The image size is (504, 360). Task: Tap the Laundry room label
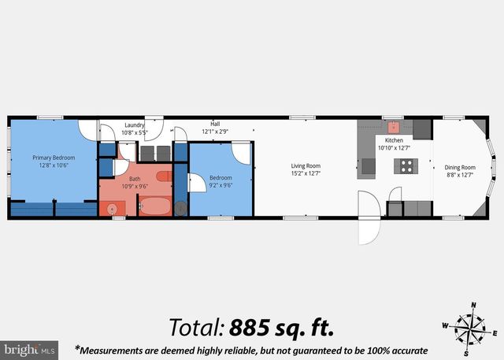(134, 124)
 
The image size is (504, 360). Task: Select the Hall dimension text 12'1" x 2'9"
(215, 132)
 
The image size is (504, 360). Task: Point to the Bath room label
(135, 180)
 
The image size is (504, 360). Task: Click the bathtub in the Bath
(155, 207)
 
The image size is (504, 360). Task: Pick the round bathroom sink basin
(112, 210)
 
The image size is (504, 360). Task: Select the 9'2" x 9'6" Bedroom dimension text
(220, 186)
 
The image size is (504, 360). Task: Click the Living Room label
(306, 165)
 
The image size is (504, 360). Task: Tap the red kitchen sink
(393, 125)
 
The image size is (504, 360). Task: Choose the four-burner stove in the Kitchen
(406, 165)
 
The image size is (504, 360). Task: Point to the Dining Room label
(460, 167)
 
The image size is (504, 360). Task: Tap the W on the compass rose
(444, 325)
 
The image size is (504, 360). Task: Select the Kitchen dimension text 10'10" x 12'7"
(395, 147)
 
